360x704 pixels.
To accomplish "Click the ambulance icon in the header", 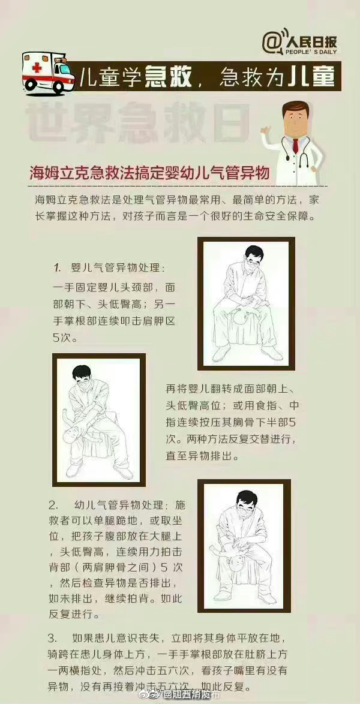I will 45,73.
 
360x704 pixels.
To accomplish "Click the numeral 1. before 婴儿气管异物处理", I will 58,266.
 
